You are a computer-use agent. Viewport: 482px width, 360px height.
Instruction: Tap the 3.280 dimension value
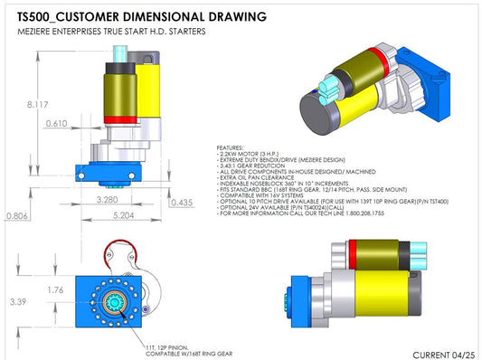coord(106,199)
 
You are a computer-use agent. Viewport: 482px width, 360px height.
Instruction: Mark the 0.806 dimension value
coord(14,216)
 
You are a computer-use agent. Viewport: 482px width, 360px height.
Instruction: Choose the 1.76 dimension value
coord(56,290)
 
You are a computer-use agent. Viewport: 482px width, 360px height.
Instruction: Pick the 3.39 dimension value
coord(15,301)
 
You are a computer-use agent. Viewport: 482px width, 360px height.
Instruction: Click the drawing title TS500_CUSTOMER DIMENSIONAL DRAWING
coord(141,16)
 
